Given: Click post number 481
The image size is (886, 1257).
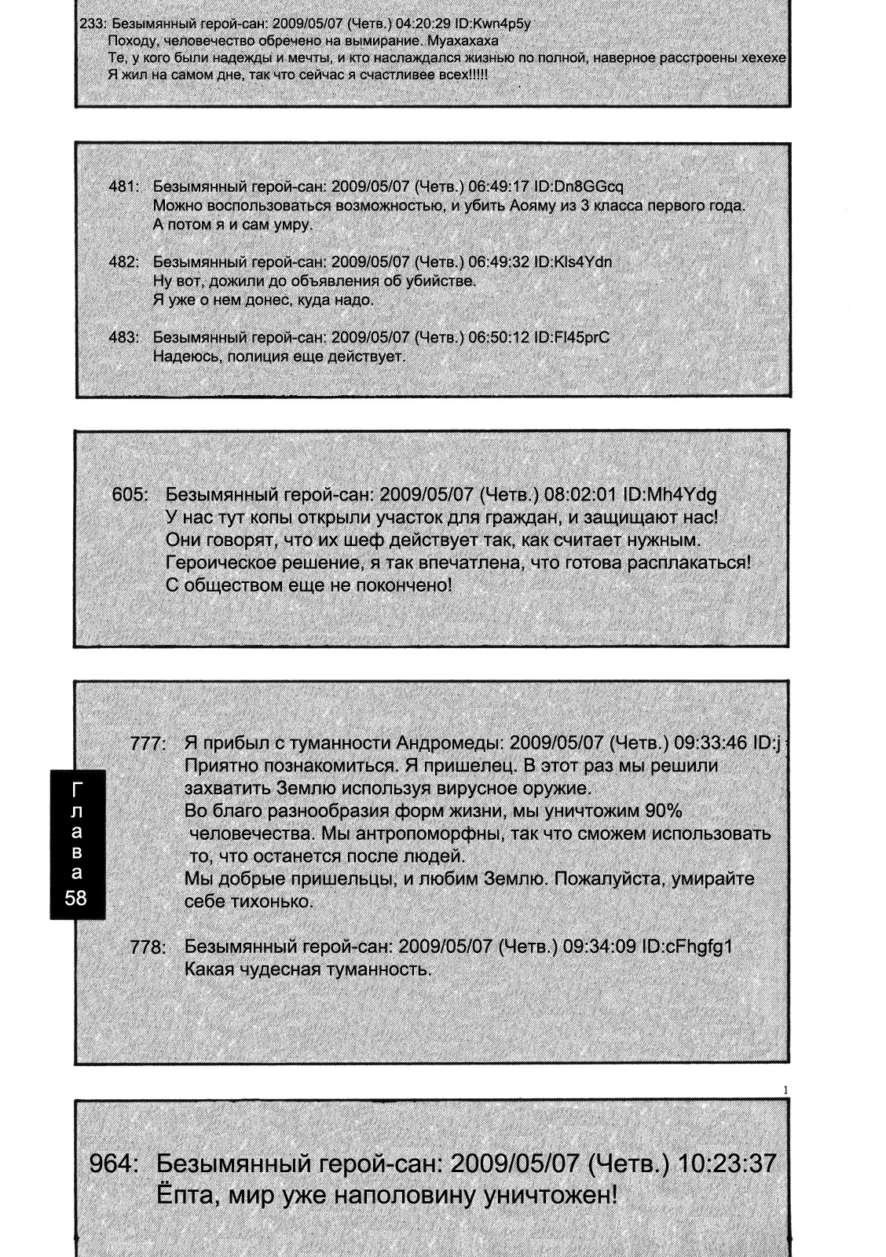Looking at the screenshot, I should coord(123,187).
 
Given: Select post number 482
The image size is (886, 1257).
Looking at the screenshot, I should coord(123,262).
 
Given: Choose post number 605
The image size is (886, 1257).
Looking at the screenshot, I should coord(130,495).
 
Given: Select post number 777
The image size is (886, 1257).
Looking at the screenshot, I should coord(148,744).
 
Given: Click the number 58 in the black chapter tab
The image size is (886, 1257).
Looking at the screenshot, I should coord(76,898).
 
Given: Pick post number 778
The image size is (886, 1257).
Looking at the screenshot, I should coord(148,947).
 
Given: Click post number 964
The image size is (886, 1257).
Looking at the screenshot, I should coord(113,1164).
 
